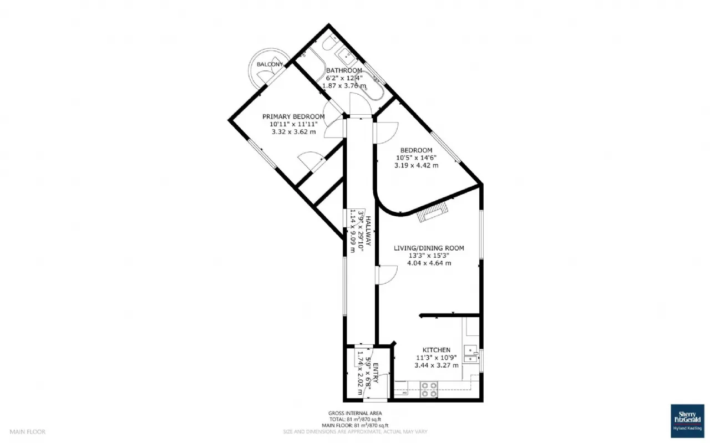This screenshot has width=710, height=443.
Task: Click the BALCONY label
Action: (x=269, y=65)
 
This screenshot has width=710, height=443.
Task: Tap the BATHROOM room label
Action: (x=344, y=70)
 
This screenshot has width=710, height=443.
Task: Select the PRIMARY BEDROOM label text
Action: (x=293, y=116)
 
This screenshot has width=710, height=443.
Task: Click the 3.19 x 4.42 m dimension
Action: (x=416, y=165)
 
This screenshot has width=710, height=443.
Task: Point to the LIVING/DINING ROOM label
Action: (x=429, y=248)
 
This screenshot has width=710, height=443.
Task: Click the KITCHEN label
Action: (x=437, y=350)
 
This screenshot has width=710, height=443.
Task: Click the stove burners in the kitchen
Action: (x=428, y=390)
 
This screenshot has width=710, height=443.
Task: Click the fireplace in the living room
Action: (x=433, y=212)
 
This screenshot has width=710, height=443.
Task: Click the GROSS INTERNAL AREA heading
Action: (x=354, y=413)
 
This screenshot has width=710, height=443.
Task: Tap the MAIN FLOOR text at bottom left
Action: (x=28, y=431)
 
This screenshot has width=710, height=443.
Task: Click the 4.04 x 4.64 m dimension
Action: (x=429, y=263)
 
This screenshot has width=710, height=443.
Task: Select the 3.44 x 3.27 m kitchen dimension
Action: (x=437, y=365)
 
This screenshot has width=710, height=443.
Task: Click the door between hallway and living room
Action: (x=387, y=276)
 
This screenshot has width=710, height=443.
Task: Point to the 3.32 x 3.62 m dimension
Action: (x=293, y=132)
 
